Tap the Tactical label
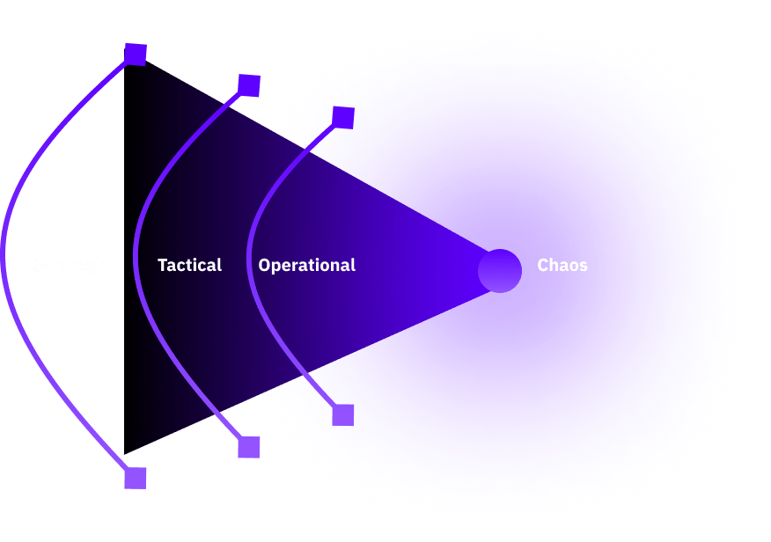pos(189,265)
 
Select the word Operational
pos(306,265)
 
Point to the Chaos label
pos(562,265)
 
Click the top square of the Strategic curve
pos(136,55)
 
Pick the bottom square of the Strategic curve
pos(136,479)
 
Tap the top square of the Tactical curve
pos(249,85)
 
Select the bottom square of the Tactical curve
pos(249,448)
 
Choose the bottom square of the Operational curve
pos(343,415)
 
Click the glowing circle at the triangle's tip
pos(500,271)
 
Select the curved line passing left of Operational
pos(249,264)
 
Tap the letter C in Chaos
pos(543,265)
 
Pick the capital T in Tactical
pos(162,265)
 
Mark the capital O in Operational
pos(265,265)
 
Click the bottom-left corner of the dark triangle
pos(126,451)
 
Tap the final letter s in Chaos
pos(584,266)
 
